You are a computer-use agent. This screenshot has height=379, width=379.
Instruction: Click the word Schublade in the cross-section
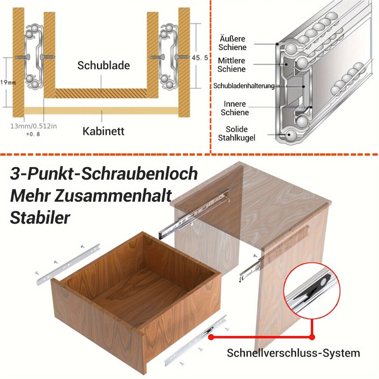(103, 66)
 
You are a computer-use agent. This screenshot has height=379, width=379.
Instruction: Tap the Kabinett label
(103, 131)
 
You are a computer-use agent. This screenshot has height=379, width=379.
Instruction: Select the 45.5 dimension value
(200, 58)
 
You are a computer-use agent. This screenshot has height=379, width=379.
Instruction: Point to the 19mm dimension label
(8, 82)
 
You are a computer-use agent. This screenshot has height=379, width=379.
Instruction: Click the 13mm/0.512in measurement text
(34, 126)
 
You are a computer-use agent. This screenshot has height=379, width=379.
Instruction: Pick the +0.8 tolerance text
(33, 134)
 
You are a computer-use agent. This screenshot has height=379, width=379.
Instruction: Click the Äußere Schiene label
(232, 43)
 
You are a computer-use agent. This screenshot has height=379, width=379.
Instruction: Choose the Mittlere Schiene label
(232, 64)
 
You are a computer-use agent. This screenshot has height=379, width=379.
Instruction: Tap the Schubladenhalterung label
(244, 86)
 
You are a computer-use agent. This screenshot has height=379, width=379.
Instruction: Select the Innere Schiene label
(235, 108)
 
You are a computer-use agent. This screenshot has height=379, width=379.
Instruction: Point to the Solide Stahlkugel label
(236, 133)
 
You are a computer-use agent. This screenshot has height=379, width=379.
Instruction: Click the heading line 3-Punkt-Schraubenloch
(104, 174)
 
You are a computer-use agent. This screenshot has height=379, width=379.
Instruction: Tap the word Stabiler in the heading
(40, 218)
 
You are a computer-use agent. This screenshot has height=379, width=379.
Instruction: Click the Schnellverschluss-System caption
(293, 353)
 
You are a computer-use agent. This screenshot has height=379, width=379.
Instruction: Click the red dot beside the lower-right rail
(211, 337)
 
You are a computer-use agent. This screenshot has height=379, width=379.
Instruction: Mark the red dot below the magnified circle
(312, 337)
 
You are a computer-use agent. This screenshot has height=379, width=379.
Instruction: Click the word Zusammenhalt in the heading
(113, 196)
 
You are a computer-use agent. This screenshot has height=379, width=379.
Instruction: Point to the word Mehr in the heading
(30, 196)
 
